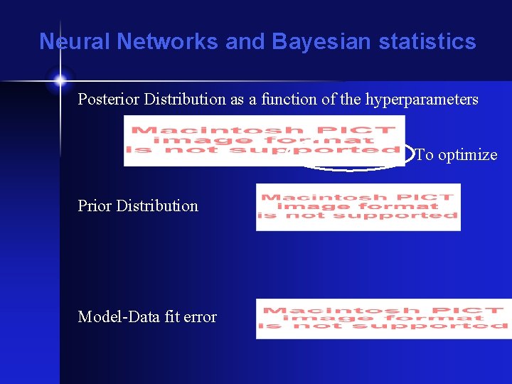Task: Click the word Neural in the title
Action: coord(75,42)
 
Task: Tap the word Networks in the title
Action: coord(167,42)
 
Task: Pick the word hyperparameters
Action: coord(422,100)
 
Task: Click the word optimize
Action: coord(467,155)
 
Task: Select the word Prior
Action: coord(95,206)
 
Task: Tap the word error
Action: coord(201,317)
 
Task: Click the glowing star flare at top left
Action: coord(60,80)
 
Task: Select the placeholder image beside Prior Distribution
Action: coord(358,207)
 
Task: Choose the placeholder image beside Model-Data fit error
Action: coord(383,319)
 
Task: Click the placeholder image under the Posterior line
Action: coord(264,140)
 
